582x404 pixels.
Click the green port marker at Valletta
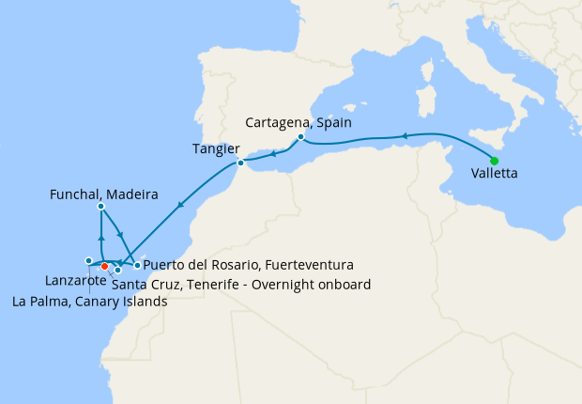(x=494, y=161)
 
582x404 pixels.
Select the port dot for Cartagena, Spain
(x=300, y=137)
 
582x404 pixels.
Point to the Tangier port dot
(x=240, y=163)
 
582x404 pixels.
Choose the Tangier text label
(x=216, y=148)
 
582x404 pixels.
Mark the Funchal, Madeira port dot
(x=100, y=206)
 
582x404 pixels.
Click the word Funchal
(x=75, y=195)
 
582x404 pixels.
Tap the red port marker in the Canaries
(x=104, y=266)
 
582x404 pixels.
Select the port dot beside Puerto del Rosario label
(x=137, y=266)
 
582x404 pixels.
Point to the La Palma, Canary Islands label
(x=89, y=302)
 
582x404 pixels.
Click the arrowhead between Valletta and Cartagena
(x=405, y=136)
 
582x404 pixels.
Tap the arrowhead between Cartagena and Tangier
(x=273, y=151)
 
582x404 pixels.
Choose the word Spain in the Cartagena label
(x=336, y=123)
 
